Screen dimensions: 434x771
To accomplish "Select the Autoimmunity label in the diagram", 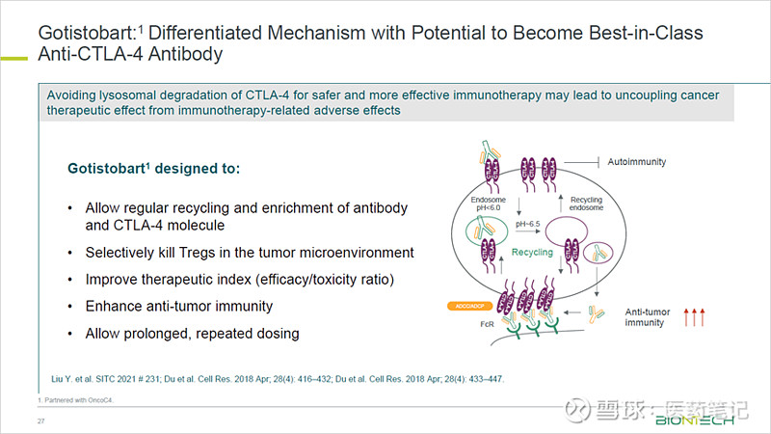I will coord(637,162).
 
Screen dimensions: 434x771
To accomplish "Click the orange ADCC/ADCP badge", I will coord(471,307).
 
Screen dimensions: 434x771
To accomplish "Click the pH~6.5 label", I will coord(526,224).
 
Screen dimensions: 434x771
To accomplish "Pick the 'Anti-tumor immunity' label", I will coord(646,316).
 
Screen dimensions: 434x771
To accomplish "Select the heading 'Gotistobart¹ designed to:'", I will coord(152,169).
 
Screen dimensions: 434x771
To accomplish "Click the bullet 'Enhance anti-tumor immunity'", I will coord(179,306).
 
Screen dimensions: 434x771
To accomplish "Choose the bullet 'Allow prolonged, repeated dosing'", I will coord(192,333).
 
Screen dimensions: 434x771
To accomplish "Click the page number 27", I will coord(41,422).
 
